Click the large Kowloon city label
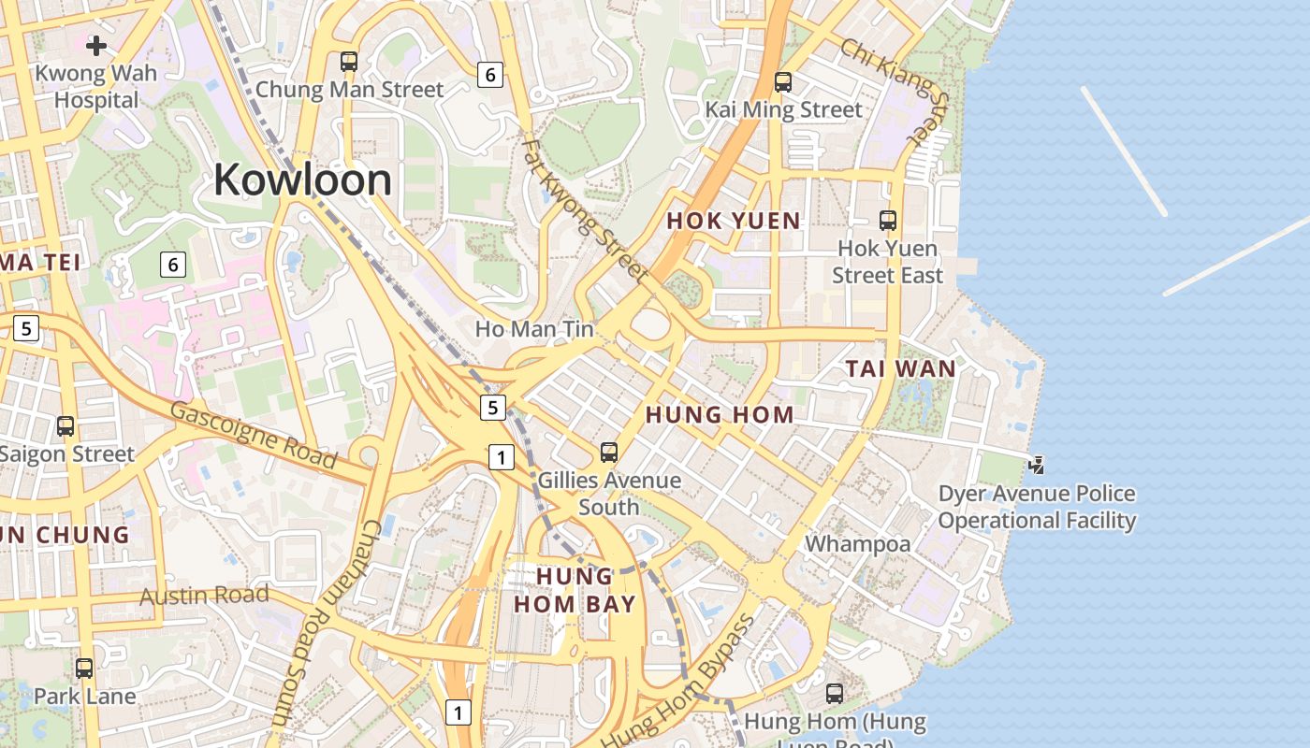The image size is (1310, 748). [302, 180]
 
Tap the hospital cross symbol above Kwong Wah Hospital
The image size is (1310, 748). [96, 45]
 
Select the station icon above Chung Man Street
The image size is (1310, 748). [349, 62]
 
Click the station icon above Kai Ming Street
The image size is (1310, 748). [783, 82]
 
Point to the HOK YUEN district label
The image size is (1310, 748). [734, 222]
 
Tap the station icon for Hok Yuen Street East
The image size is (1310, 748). [888, 221]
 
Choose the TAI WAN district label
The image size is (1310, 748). [901, 368]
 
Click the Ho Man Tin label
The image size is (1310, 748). [534, 328]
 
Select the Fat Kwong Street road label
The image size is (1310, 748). [586, 211]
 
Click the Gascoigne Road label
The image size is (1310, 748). [254, 435]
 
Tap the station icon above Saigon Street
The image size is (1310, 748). [65, 426]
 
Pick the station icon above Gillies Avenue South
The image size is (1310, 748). [609, 453]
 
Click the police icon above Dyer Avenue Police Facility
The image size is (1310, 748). [1037, 465]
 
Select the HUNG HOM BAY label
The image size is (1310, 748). [575, 590]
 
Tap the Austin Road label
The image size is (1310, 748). [204, 595]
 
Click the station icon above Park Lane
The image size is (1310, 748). [84, 669]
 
